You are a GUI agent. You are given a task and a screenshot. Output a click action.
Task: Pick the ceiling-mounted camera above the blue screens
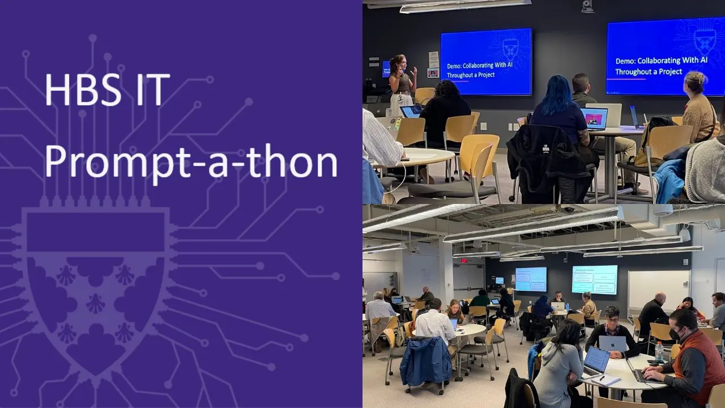[587, 6]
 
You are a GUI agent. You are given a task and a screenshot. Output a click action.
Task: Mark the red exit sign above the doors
[464, 261]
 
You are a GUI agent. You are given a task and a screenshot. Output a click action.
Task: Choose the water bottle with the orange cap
[659, 351]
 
